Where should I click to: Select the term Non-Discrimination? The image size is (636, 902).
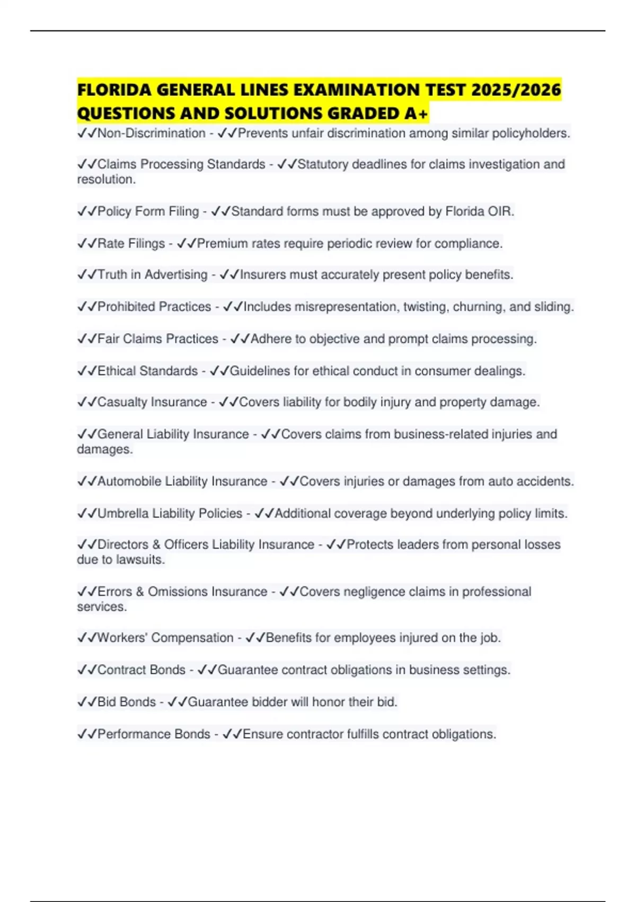pos(151,133)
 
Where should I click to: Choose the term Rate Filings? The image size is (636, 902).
pos(131,243)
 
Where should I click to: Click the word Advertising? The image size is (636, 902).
pos(176,274)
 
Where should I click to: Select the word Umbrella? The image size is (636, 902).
pos(123,513)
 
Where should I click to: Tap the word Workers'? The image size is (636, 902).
pos(122,638)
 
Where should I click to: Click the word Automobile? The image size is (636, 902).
pos(129,481)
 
